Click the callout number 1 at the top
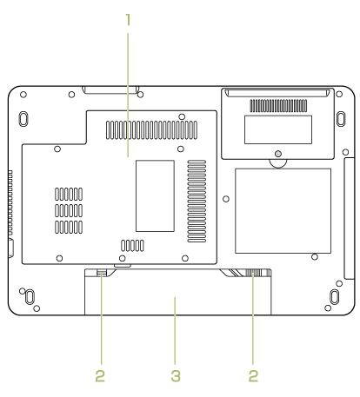[128, 19]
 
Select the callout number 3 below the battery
[176, 376]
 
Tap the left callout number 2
[100, 376]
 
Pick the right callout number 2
[253, 376]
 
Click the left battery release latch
[102, 272]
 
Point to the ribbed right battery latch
[253, 273]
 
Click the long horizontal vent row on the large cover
[151, 130]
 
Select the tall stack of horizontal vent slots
[197, 201]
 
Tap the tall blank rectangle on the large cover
[155, 195]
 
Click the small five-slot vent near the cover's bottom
[132, 246]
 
